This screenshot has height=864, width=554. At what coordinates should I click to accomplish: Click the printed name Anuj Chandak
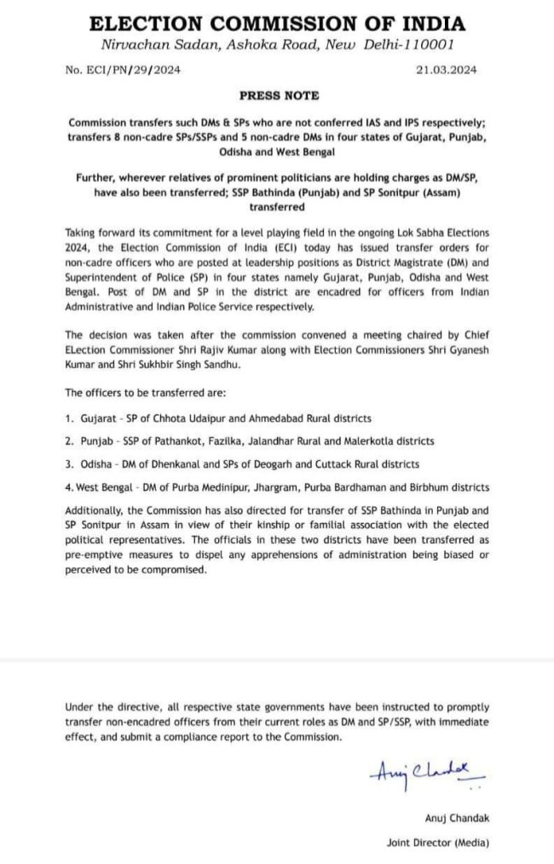[x=456, y=819]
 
